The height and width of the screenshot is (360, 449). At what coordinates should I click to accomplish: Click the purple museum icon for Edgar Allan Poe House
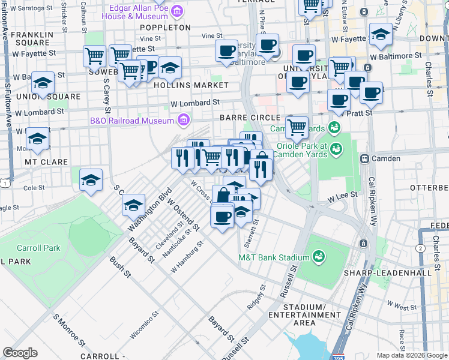pyautogui.click(x=176, y=11)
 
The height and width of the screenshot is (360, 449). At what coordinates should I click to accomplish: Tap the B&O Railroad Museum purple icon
pyautogui.click(x=183, y=121)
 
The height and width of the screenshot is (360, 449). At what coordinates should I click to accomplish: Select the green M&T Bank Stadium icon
pyautogui.click(x=318, y=257)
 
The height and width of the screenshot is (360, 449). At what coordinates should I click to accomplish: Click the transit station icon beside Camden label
pyautogui.click(x=364, y=158)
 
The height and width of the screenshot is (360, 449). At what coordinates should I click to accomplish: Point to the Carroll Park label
pyautogui.click(x=38, y=248)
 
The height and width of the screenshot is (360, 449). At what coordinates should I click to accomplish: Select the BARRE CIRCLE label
pyautogui.click(x=250, y=118)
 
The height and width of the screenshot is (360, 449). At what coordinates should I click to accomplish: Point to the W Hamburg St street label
pyautogui.click(x=187, y=257)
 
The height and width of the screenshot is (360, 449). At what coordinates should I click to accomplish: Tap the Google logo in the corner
pyautogui.click(x=20, y=353)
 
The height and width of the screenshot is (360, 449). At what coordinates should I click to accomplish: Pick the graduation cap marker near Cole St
pyautogui.click(x=91, y=180)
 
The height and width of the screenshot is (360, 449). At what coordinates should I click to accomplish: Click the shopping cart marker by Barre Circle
pyautogui.click(x=297, y=127)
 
